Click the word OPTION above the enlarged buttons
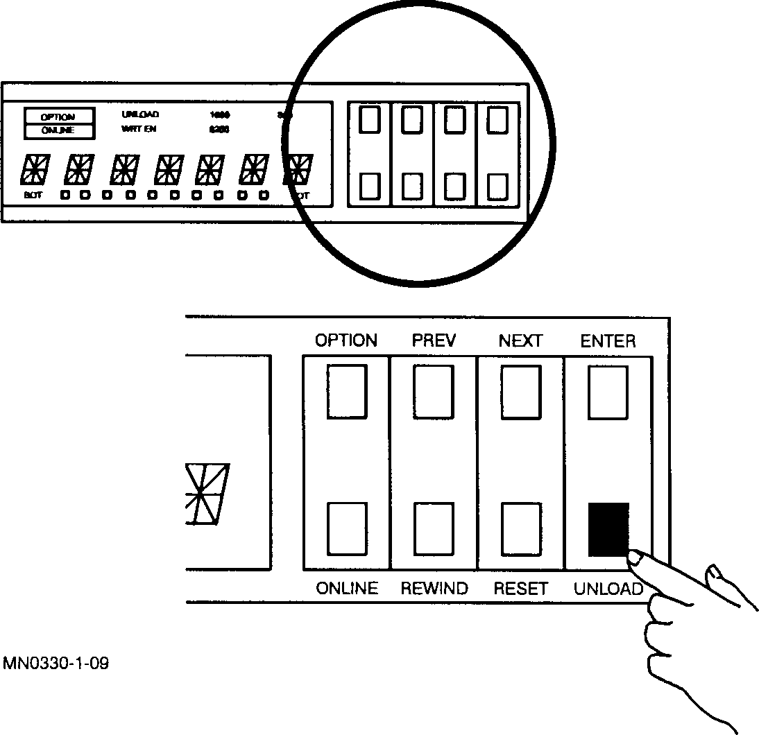tap(346, 340)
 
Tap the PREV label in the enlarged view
tap(434, 340)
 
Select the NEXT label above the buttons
tap(520, 340)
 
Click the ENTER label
tap(608, 340)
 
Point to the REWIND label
tap(434, 589)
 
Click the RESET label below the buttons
tap(520, 589)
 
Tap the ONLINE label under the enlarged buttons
tap(347, 589)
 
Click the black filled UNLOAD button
tap(608, 528)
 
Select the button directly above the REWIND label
tap(434, 528)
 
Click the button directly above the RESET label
tap(521, 528)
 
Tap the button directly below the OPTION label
tap(348, 392)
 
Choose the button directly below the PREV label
tap(434, 392)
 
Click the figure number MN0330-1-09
tap(56, 664)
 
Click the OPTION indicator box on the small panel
tap(58, 116)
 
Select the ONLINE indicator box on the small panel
tap(58, 130)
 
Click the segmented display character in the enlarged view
tap(206, 494)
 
